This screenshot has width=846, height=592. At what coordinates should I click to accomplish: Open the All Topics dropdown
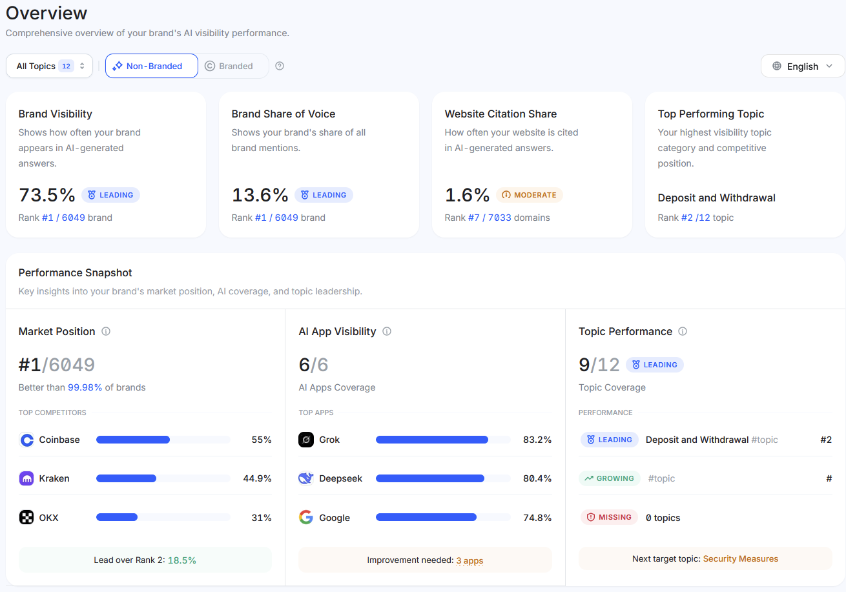[49, 66]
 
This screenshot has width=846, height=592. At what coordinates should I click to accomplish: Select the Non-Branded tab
[152, 66]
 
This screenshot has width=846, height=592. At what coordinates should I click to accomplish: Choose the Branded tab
[229, 66]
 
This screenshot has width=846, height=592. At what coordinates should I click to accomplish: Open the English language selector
[803, 66]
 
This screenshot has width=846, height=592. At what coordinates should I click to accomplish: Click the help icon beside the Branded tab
[280, 66]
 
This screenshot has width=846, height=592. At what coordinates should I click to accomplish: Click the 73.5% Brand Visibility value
[47, 194]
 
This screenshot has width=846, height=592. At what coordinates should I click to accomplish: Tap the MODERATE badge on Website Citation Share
[529, 195]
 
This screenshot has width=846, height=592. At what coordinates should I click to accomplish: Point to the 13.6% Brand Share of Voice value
[260, 194]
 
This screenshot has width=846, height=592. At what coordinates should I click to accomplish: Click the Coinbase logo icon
[26, 440]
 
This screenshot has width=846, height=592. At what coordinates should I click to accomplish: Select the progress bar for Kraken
[163, 478]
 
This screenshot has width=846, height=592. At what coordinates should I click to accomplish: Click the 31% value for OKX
[262, 518]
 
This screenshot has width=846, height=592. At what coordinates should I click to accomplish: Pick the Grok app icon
[306, 440]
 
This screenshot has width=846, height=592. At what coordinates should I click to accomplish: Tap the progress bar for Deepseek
[442, 478]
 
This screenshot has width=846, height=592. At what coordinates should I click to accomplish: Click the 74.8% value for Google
[537, 518]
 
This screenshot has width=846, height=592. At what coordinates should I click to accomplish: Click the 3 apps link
[469, 560]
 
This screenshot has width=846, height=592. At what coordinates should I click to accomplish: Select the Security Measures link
[740, 558]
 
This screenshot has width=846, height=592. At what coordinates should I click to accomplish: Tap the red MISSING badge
[609, 517]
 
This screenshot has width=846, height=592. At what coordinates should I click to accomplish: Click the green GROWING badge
[609, 478]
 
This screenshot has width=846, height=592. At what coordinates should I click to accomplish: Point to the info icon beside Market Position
[106, 331]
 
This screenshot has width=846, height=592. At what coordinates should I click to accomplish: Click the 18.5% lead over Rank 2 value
[181, 560]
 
